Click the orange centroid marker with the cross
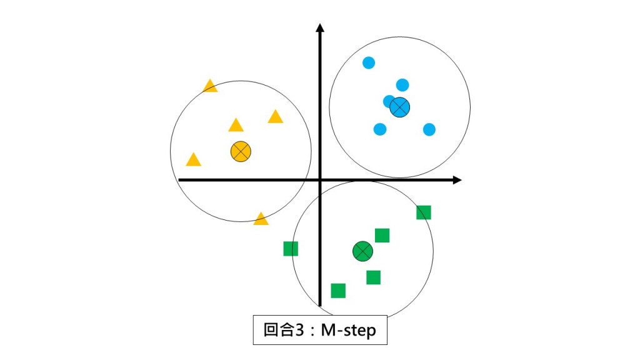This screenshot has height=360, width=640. pos(241,151)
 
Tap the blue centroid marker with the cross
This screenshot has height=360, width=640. pos(400,107)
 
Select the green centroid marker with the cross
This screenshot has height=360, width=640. pos(362,251)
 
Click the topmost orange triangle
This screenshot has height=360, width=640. pos(210,86)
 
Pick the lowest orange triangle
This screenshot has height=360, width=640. pos(261,219)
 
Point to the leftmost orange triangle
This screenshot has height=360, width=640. pos(194,160)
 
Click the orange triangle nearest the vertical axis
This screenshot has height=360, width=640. pos(276,117)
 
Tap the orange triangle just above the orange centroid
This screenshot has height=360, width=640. pos(236,126)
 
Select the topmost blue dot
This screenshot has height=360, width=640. pos(369,62)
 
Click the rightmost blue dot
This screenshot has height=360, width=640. pos(429,129)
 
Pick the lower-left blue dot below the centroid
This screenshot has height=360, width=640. pos(379,129)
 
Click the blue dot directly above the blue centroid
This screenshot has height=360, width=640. pos(402,84)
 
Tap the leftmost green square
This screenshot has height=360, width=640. pos(291,249)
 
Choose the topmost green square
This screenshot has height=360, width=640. pos(424,212)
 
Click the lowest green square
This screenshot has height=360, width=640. pos(338,291)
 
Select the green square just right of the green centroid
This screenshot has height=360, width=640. pos(382,236)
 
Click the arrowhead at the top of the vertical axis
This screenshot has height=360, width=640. pos(320,27)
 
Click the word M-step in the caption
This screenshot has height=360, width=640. pos(348,330)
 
